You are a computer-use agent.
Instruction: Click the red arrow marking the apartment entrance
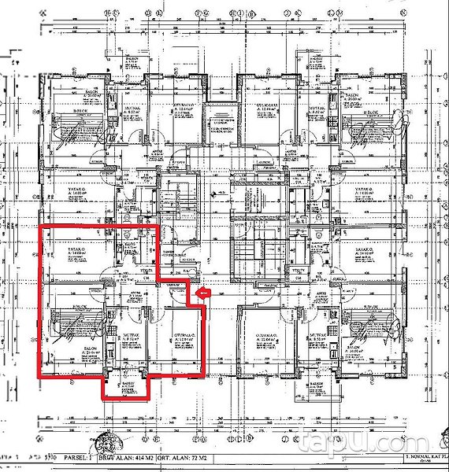[202, 293]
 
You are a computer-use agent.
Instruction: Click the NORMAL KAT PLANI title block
[422, 458]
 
